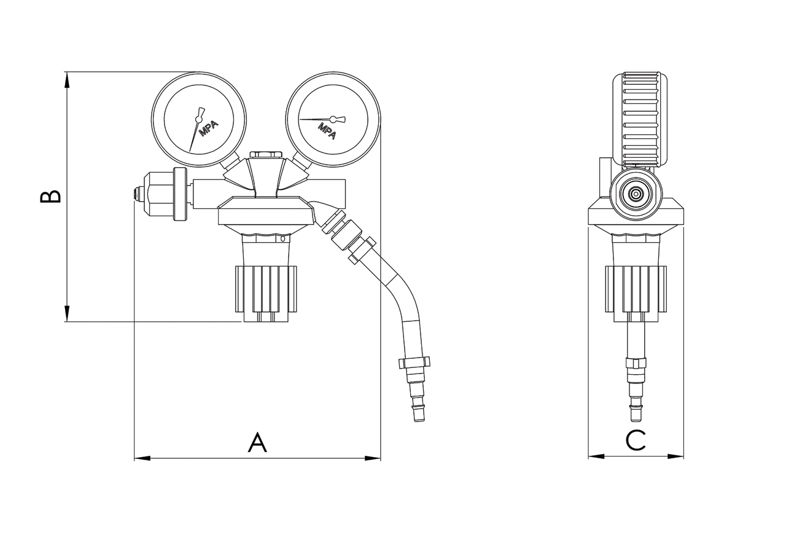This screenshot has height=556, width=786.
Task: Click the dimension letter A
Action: tap(257, 442)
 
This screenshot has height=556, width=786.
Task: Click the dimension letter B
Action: tap(50, 195)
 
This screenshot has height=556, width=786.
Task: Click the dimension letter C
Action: tap(636, 440)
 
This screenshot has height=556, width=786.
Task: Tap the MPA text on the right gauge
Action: tap(327, 130)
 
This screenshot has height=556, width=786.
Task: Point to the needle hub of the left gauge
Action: tap(198, 119)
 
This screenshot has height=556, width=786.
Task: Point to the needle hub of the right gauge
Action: tap(333, 119)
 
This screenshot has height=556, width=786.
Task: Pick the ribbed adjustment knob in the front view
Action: tap(267, 288)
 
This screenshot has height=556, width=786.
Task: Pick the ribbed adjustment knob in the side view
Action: tap(636, 288)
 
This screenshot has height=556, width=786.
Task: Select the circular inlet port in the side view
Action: tap(636, 194)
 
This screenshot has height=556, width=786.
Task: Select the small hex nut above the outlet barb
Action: tap(414, 363)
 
